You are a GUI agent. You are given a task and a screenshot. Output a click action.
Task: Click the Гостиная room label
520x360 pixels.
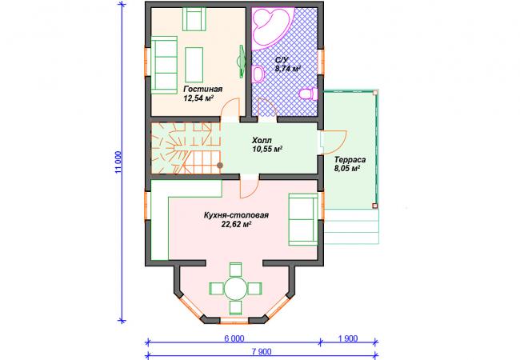(x=203, y=89)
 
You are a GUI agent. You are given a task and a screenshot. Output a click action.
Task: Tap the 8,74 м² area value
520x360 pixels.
(x=287, y=69)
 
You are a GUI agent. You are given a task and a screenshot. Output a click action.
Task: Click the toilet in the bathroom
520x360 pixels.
(x=308, y=94)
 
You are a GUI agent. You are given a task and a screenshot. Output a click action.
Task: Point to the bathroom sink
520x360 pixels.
(x=258, y=74)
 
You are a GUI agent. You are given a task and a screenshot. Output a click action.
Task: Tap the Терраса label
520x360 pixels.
(x=350, y=160)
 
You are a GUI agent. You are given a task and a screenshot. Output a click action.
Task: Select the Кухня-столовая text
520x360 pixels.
(x=236, y=215)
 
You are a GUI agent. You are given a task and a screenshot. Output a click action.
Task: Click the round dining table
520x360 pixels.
(x=235, y=289)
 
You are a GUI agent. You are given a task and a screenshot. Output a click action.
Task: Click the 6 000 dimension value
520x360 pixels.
(x=234, y=338)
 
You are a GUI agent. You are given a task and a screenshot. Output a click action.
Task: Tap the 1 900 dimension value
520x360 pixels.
(x=348, y=338)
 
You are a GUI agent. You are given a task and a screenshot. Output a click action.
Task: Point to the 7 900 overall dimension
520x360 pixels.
(x=262, y=351)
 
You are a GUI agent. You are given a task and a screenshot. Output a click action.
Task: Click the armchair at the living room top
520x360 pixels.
(x=194, y=19)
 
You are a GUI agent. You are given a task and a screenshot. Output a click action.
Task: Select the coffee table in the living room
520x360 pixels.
(x=194, y=65)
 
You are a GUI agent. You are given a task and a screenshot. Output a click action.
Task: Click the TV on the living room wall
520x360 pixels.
(x=242, y=62)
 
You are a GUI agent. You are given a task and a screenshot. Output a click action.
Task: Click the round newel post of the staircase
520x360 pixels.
(x=219, y=165)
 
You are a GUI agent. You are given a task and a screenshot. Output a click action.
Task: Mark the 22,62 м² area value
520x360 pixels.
(x=236, y=225)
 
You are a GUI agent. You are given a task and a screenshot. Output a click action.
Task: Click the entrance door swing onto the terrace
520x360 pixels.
(x=335, y=142)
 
